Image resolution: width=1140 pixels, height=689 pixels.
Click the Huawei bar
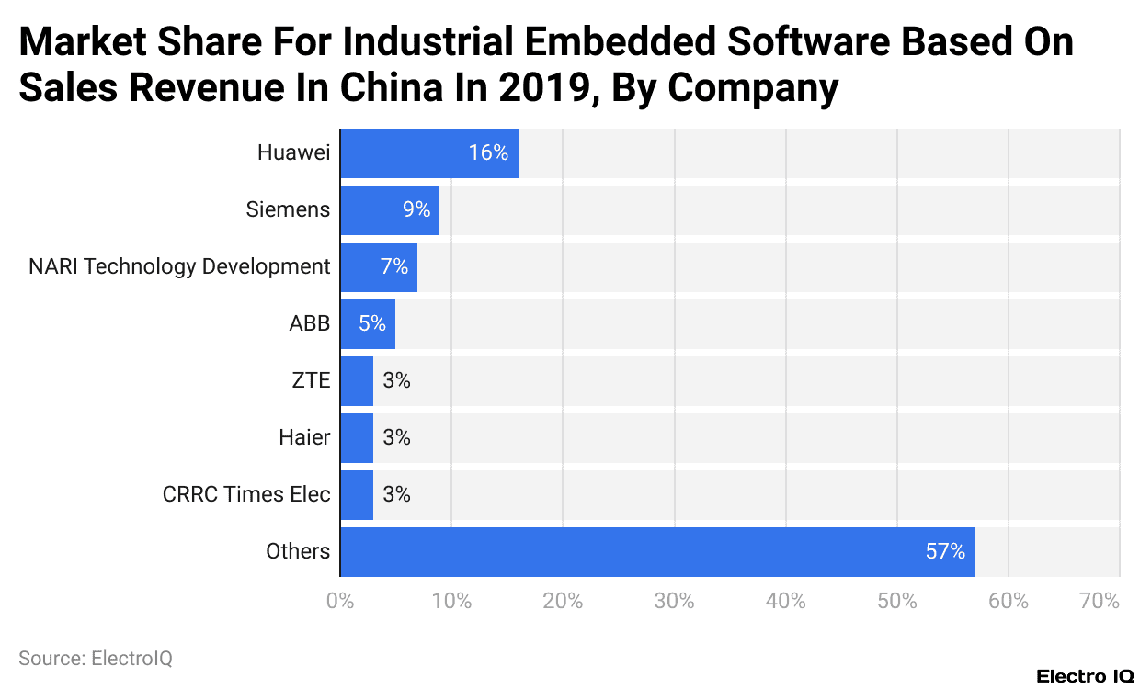pyautogui.click(x=429, y=153)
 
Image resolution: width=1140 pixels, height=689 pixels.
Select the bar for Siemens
pyautogui.click(x=390, y=210)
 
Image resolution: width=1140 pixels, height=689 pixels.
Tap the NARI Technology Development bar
pyautogui.click(x=379, y=267)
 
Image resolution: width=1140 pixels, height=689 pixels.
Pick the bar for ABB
pyautogui.click(x=368, y=324)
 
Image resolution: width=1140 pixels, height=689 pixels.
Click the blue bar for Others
pyautogui.click(x=657, y=552)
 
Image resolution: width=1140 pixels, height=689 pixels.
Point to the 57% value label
pyautogui.click(x=945, y=552)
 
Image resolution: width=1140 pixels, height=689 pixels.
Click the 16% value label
pyautogui.click(x=488, y=153)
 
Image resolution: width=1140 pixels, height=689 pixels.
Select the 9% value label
pyautogui.click(x=416, y=210)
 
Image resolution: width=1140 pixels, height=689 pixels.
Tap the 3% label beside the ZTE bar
pyautogui.click(x=396, y=381)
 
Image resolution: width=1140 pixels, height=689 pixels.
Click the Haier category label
pyautogui.click(x=304, y=438)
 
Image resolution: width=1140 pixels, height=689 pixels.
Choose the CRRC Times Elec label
pyautogui.click(x=246, y=495)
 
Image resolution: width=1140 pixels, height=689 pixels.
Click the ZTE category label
pyautogui.click(x=310, y=381)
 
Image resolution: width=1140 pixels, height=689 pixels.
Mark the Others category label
pyautogui.click(x=298, y=552)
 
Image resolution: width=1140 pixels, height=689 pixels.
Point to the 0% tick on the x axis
pyautogui.click(x=340, y=602)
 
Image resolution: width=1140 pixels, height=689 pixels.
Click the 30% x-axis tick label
pyautogui.click(x=674, y=602)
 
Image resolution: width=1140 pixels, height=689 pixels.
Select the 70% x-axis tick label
pyautogui.click(x=1100, y=602)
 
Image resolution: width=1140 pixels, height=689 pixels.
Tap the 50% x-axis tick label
pyautogui.click(x=897, y=602)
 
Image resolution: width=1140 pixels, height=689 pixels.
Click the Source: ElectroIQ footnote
pyautogui.click(x=96, y=659)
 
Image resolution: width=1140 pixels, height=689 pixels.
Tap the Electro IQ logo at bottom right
pyautogui.click(x=1085, y=677)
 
